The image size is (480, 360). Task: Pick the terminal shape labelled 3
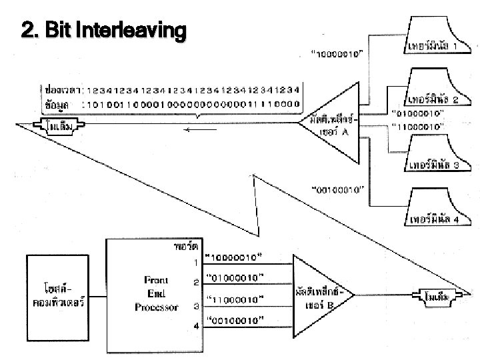coord(434,153)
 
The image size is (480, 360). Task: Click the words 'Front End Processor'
coord(157,294)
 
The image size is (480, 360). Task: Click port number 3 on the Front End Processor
coord(196,306)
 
